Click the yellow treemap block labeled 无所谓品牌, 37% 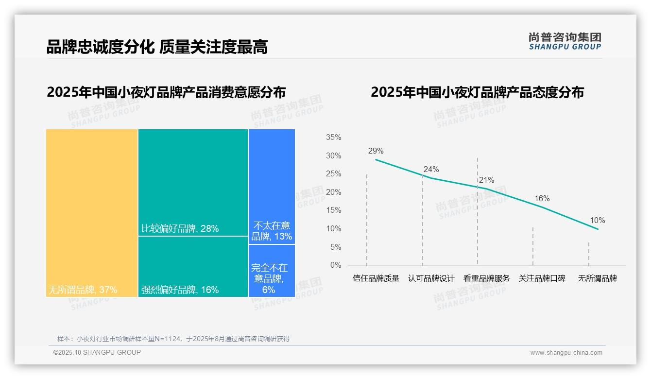click(92, 213)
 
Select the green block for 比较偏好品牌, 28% click(193, 182)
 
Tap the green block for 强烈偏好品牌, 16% click(193, 266)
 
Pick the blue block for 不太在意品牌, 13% click(272, 186)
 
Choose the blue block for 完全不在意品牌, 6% click(272, 271)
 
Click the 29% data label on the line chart click(376, 151)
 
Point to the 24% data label click(431, 169)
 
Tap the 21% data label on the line click(486, 180)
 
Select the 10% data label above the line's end click(597, 220)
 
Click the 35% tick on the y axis click(333, 138)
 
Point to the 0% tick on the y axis click(335, 265)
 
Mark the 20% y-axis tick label click(333, 192)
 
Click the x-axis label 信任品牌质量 click(376, 278)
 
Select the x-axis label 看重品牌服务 click(486, 278)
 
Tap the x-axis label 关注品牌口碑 click(542, 278)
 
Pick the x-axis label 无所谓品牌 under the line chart click(597, 278)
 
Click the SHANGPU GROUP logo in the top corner click(565, 41)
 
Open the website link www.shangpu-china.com click(566, 353)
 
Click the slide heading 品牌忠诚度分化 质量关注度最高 click(157, 47)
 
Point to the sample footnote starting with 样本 click(173, 339)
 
